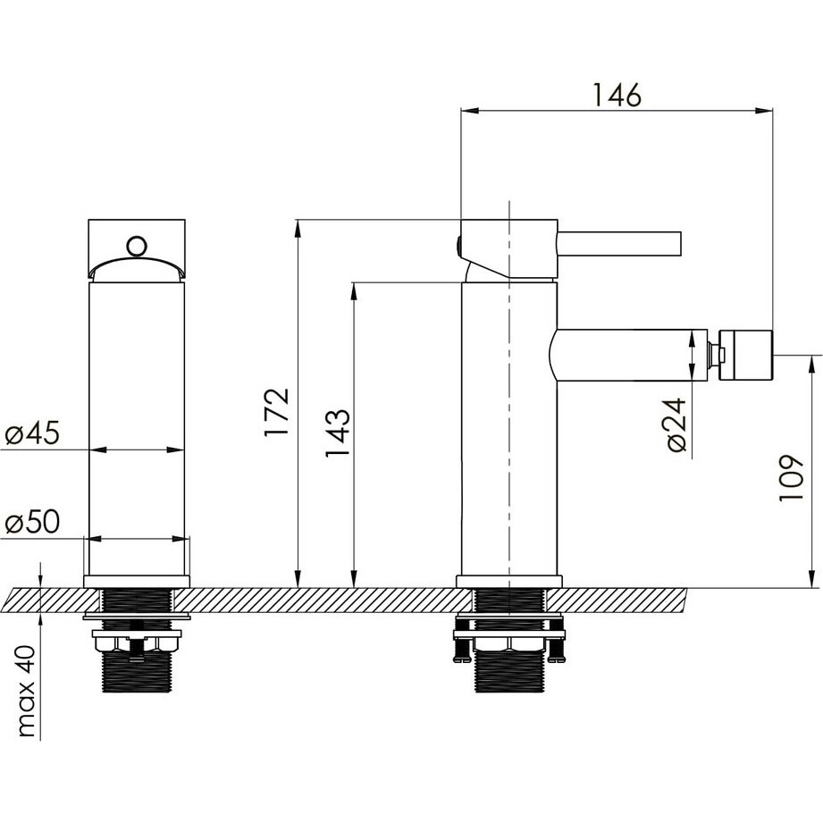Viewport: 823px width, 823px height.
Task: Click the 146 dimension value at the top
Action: pos(617,95)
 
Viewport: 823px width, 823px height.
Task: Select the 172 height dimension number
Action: pos(277,412)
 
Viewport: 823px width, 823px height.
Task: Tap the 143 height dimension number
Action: pos(337,433)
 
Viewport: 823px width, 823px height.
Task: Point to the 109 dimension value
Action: pos(791,478)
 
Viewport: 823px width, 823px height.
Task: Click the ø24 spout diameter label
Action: pos(677,425)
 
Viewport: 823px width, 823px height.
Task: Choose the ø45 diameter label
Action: pos(32,433)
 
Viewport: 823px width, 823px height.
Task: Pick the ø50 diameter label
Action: pos(32,522)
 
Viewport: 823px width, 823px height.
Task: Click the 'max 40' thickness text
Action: pos(26,692)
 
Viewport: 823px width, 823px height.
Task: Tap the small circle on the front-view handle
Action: pos(137,246)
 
